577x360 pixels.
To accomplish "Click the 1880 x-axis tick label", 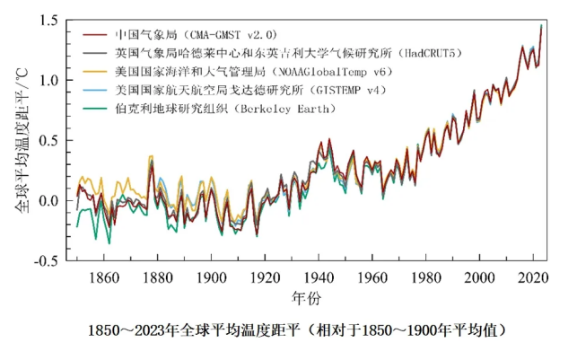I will (x=158, y=277).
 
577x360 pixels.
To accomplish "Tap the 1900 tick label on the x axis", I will (x=212, y=277).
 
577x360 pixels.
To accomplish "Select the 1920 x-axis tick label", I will (x=266, y=277).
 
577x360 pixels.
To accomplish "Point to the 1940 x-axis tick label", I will (x=319, y=277).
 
